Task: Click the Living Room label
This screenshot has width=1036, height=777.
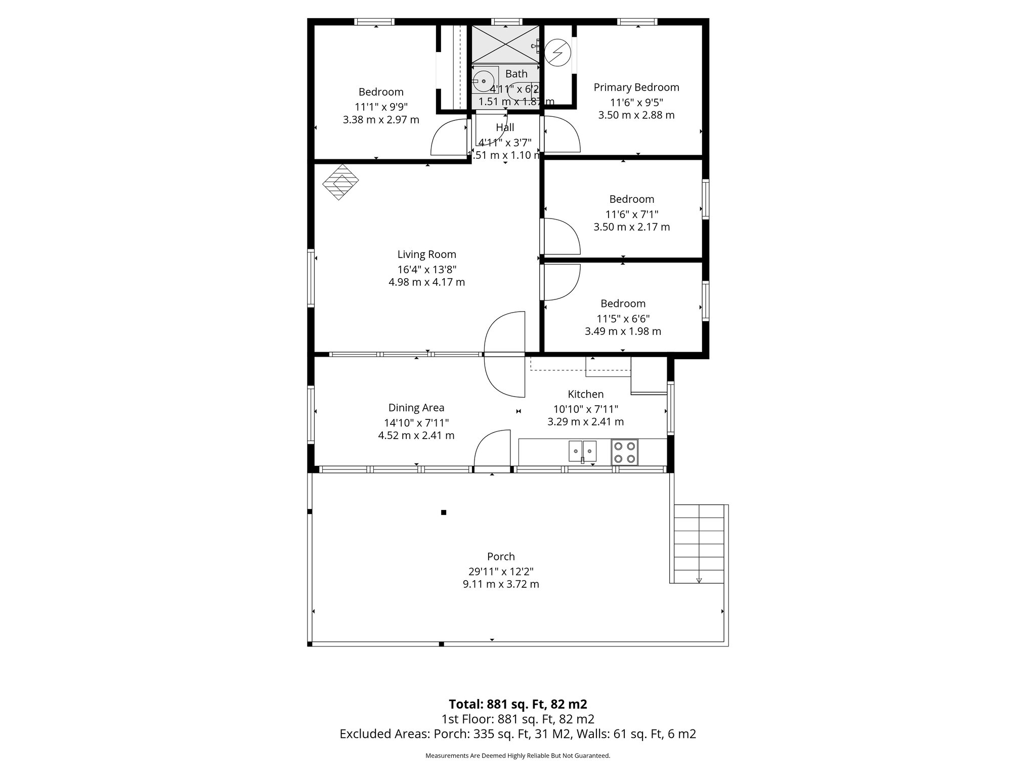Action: [x=426, y=254]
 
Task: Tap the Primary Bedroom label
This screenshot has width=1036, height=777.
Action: [x=636, y=88]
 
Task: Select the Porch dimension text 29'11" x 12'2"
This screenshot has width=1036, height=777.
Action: [x=501, y=571]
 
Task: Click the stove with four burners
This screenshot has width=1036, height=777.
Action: [x=624, y=452]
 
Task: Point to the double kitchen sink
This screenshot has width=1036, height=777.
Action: [x=583, y=451]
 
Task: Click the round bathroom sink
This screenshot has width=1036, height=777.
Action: [x=483, y=80]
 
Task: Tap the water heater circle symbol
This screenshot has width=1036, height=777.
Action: [x=558, y=53]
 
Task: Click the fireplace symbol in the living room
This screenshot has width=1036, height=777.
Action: [x=340, y=182]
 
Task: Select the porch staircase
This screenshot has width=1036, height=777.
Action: [x=699, y=544]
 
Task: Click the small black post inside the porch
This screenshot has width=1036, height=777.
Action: [x=444, y=512]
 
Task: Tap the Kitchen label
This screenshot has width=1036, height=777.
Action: [x=585, y=394]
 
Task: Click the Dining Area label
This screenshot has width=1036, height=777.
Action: [x=416, y=408]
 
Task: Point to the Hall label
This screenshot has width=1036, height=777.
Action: [x=505, y=127]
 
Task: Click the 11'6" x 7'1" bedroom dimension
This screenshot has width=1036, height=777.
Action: [x=631, y=214]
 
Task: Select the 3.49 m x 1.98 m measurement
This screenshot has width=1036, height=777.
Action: [x=623, y=332]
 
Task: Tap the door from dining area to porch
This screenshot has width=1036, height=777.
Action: [x=492, y=450]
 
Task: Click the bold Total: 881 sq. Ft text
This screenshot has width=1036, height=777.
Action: [x=517, y=704]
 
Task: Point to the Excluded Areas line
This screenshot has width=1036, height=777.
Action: [x=517, y=734]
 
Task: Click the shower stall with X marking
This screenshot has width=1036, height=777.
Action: [x=506, y=45]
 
